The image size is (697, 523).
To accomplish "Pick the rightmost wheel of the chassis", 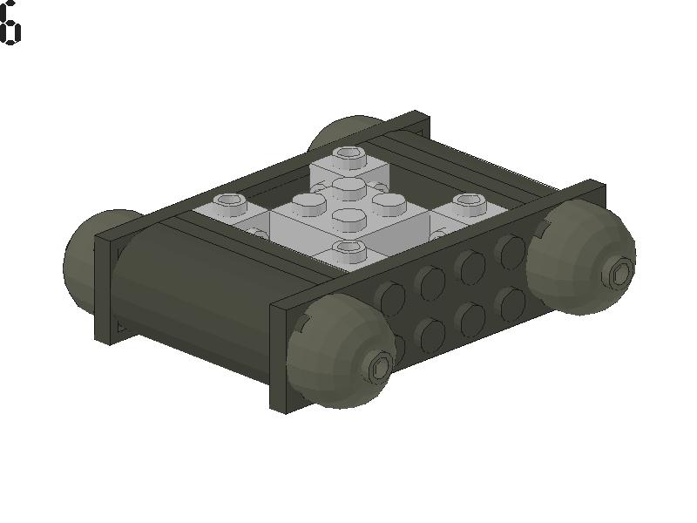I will click(581, 253).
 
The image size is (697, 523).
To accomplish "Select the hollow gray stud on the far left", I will click(231, 204).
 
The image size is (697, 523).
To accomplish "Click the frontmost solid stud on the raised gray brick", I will click(349, 218).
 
